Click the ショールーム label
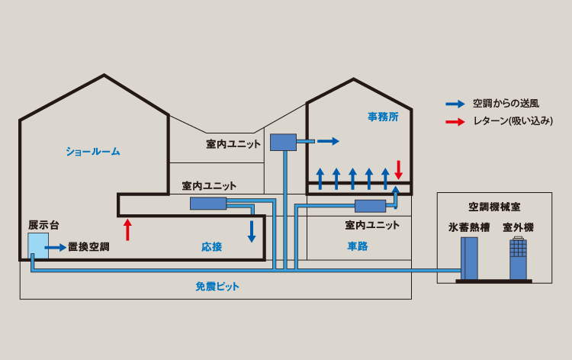pyautogui.click(x=92, y=151)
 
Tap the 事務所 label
pyautogui.click(x=383, y=117)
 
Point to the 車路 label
pyautogui.click(x=358, y=246)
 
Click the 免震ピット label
pyautogui.click(x=217, y=287)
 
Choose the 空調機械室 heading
pyautogui.click(x=494, y=207)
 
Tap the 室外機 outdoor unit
pyautogui.click(x=518, y=259)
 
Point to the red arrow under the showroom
pyautogui.click(x=127, y=229)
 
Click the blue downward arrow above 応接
pyautogui.click(x=252, y=231)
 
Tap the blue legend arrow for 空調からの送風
pyautogui.click(x=455, y=103)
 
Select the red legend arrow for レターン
pyautogui.click(x=455, y=121)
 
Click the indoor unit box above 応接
pyautogui.click(x=208, y=203)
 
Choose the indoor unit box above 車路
pyautogui.click(x=371, y=205)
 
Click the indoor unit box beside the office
pyautogui.click(x=283, y=142)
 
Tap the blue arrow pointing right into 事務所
pyautogui.click(x=329, y=141)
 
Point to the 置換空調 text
pyautogui.click(x=88, y=247)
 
